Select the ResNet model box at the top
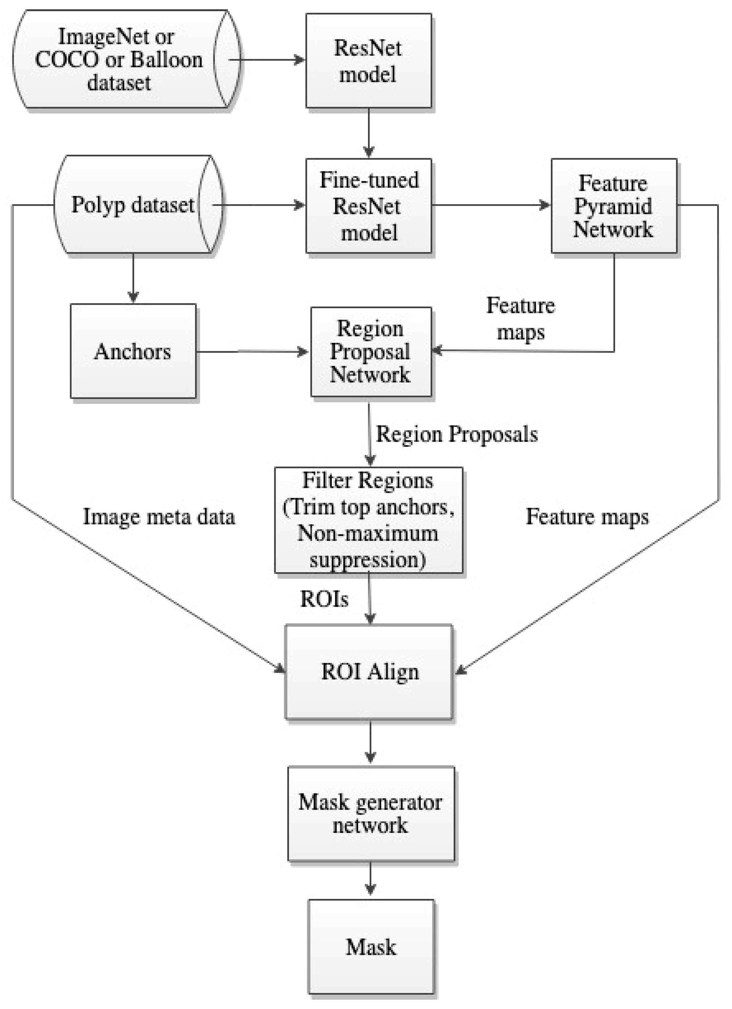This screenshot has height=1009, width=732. coord(368,60)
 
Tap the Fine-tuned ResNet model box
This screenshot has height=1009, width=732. coord(368,206)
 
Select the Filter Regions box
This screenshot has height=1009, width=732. coord(368,520)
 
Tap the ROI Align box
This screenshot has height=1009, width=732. coord(369,672)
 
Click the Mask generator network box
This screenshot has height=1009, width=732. coord(371,813)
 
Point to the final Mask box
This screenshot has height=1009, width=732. coord(371,947)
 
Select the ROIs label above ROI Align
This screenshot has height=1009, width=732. coord(324,599)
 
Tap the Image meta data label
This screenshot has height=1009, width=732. coord(159,516)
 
